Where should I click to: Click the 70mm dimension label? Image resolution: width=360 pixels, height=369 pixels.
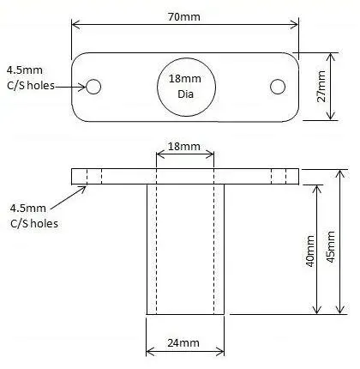point(183,17)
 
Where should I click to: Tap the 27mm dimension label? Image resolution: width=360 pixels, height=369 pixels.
point(321,87)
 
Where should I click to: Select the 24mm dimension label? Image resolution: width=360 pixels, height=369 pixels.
point(183,343)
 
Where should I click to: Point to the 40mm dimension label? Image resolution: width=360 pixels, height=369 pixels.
point(310,251)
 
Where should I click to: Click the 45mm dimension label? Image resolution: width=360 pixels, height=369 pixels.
point(331,247)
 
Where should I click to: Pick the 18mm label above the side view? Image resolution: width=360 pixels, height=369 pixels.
point(183,147)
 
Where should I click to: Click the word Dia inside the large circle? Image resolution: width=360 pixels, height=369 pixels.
point(186,94)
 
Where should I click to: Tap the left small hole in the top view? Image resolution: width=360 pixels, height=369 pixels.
point(93,87)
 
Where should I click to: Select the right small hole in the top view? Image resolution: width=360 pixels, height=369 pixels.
point(278,87)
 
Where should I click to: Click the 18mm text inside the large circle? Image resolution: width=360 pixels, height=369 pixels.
point(185,79)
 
